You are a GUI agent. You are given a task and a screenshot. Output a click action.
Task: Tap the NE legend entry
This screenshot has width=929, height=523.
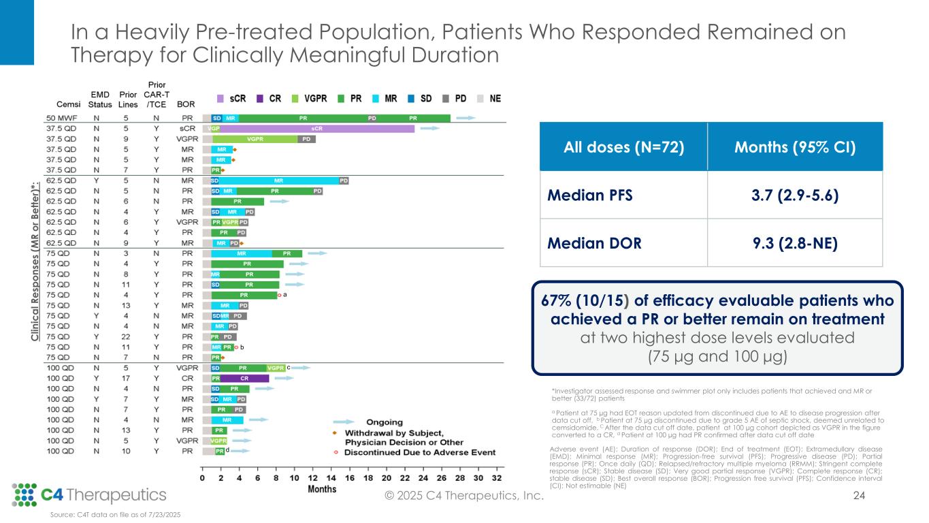tap(495, 98)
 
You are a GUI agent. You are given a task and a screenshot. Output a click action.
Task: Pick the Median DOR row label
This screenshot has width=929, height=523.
tap(595, 243)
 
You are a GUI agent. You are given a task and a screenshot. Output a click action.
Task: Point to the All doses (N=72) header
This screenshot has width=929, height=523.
tap(625, 146)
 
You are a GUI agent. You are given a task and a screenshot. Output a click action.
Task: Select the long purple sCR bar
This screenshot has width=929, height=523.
tap(316, 128)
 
